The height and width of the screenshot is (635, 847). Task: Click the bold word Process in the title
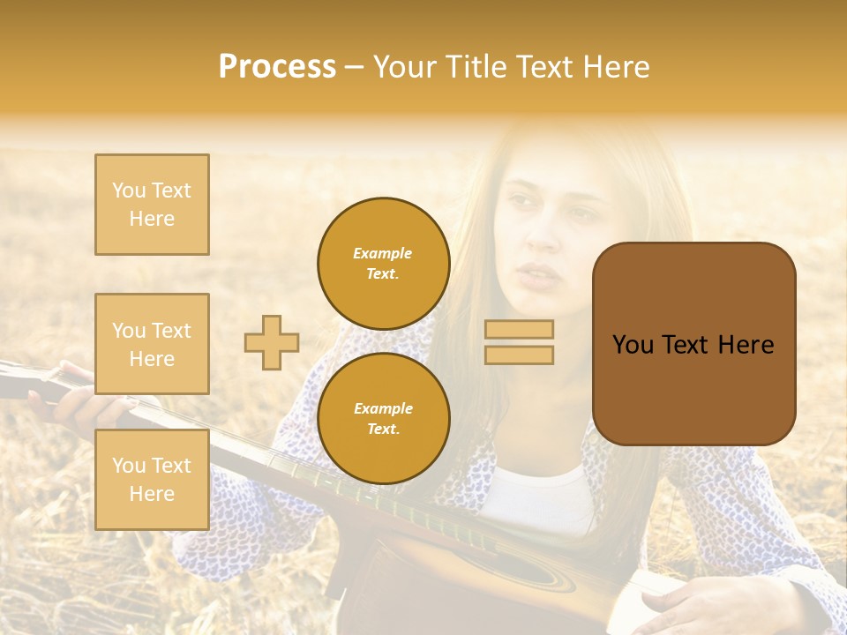277,67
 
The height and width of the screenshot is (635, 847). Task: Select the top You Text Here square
152,205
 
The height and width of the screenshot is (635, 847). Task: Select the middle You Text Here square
152,344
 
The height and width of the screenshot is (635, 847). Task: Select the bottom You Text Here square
152,479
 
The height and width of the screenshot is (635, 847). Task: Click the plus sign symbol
272,342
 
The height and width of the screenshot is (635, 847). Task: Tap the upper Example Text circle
383,264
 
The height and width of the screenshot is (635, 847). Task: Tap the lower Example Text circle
383,419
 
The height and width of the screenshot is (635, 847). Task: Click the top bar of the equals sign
519,329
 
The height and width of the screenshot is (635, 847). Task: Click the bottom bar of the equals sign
519,355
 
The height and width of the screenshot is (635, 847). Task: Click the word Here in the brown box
746,345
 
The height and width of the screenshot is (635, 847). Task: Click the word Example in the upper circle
382,253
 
